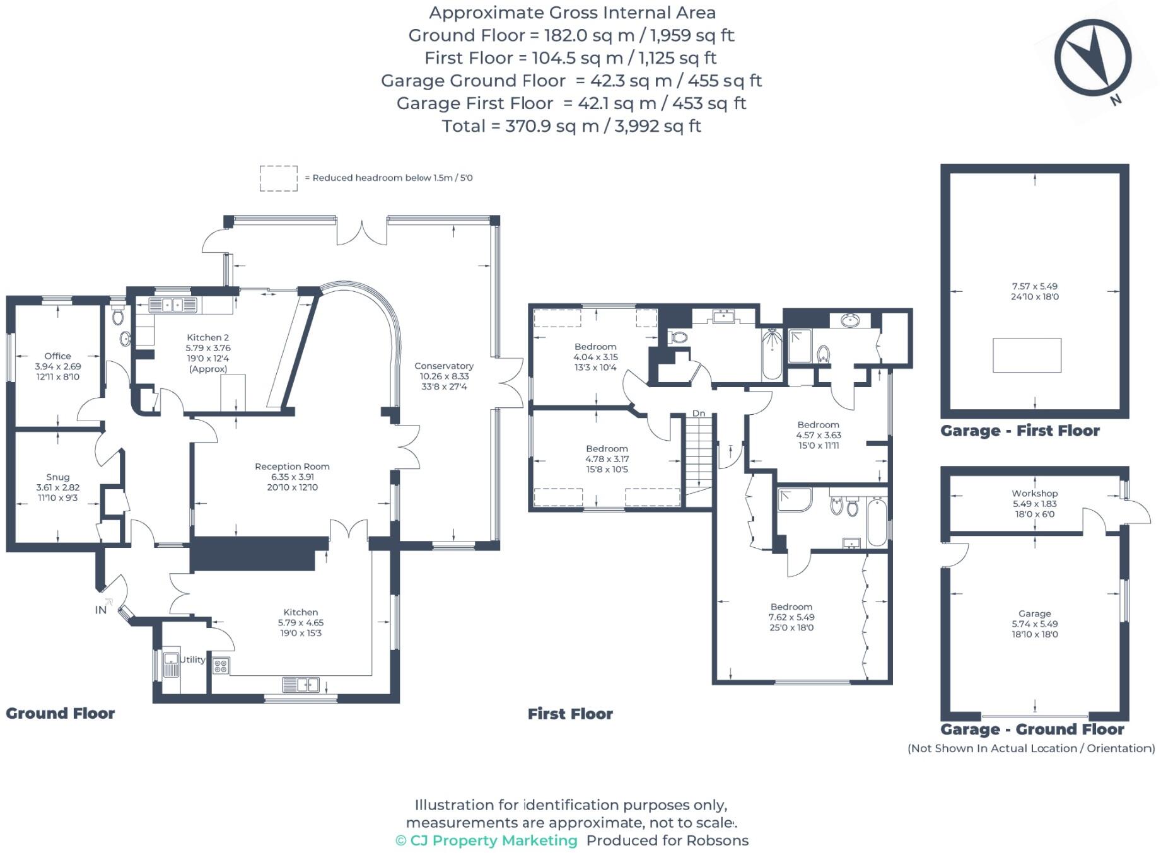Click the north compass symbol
pos(1092,59)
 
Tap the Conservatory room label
pos(444,366)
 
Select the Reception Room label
pos(292,467)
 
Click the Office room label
pos(57,356)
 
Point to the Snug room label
pos(58,477)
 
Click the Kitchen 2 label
pos(208,337)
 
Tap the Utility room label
pos(193,659)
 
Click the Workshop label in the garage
pos(1035,494)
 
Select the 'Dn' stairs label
pos(699,414)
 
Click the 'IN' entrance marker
pos(101,610)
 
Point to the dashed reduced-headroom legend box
pos(279,178)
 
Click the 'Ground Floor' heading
pos(61,713)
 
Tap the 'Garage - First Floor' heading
pos(1020,431)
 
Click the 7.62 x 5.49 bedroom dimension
pos(791,617)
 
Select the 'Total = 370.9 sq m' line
pos(571,126)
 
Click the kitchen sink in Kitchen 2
pos(173,306)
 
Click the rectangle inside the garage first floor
pos(1027,355)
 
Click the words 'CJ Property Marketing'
pos(494,840)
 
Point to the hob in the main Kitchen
pos(221,666)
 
